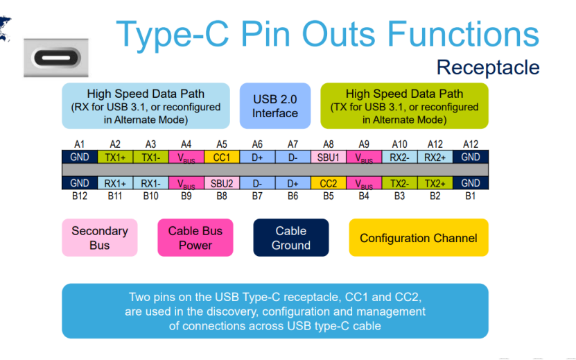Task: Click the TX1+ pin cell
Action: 115,157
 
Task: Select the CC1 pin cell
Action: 222,157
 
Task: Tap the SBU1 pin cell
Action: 329,157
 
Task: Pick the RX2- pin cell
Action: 400,157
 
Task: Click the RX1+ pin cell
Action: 115,183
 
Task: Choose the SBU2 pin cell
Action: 222,183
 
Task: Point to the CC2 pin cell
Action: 329,183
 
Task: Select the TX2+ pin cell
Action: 435,183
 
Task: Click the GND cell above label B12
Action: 79,183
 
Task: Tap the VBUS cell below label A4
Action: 186,157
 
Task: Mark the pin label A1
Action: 79,144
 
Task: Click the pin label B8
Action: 222,196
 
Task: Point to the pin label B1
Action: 471,196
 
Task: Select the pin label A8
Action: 329,144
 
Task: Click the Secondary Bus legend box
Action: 100,238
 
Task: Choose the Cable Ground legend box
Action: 291,238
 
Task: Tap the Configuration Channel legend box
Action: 418,238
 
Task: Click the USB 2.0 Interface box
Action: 275,106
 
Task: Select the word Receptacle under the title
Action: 488,67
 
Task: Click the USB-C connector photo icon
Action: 55,57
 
